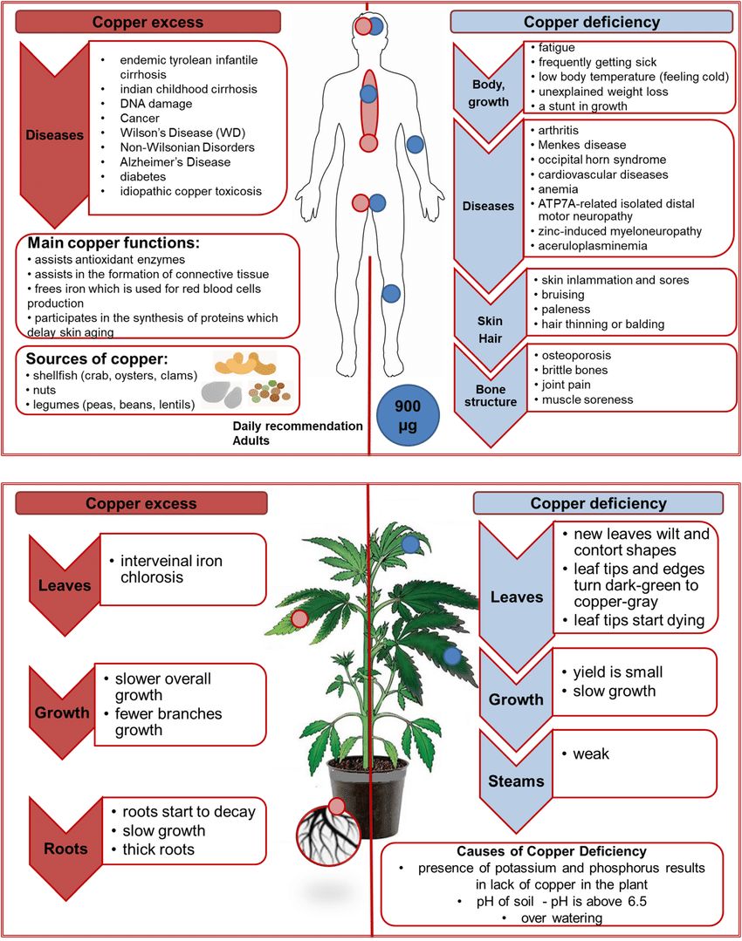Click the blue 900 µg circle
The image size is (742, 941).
pyautogui.click(x=408, y=416)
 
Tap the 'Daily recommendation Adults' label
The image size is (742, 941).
pyautogui.click(x=298, y=433)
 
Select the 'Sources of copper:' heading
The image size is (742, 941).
pyautogui.click(x=97, y=359)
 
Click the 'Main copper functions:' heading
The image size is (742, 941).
pyautogui.click(x=113, y=243)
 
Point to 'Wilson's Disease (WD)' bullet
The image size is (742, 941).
pyautogui.click(x=182, y=133)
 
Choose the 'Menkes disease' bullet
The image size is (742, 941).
pyautogui.click(x=581, y=145)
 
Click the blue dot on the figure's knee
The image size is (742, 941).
pyautogui.click(x=391, y=293)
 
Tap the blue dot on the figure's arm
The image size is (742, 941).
pyautogui.click(x=416, y=145)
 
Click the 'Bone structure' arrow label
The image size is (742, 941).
pyautogui.click(x=491, y=395)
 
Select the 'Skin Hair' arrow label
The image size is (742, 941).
pyautogui.click(x=491, y=330)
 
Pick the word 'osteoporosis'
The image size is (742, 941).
pyautogui.click(x=576, y=355)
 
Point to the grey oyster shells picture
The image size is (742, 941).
pyautogui.click(x=222, y=393)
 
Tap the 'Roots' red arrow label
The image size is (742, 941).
pyautogui.click(x=65, y=849)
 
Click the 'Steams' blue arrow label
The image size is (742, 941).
pyautogui.click(x=516, y=781)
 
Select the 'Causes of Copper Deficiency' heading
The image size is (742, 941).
pyautogui.click(x=552, y=851)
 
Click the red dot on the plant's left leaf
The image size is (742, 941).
pyautogui.click(x=299, y=618)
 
